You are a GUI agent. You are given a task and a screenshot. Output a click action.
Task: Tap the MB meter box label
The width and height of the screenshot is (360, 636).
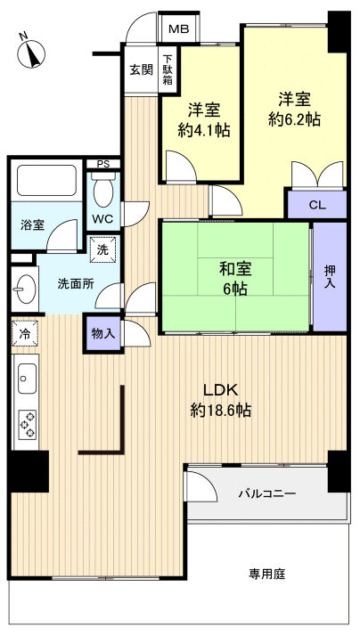(178, 29)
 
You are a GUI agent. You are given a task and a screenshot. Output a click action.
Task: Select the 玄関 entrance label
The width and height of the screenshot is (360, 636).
(140, 69)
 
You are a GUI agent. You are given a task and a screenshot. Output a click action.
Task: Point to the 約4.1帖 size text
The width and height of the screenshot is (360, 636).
(204, 130)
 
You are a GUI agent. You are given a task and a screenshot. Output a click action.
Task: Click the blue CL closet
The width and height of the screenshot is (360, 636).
(315, 204)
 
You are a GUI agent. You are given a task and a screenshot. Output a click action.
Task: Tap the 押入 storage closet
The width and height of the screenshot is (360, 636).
(329, 275)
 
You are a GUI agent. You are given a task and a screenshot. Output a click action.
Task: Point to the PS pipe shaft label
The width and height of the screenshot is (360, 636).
(102, 164)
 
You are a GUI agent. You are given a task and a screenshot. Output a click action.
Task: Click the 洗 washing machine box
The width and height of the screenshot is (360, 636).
(102, 250)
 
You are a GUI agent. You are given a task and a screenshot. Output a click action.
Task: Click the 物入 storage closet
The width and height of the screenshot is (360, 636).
(102, 332)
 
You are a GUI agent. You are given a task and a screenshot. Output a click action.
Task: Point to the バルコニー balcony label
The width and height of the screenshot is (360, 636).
(266, 493)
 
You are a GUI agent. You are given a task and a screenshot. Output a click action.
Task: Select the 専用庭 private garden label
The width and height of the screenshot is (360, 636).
(266, 575)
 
